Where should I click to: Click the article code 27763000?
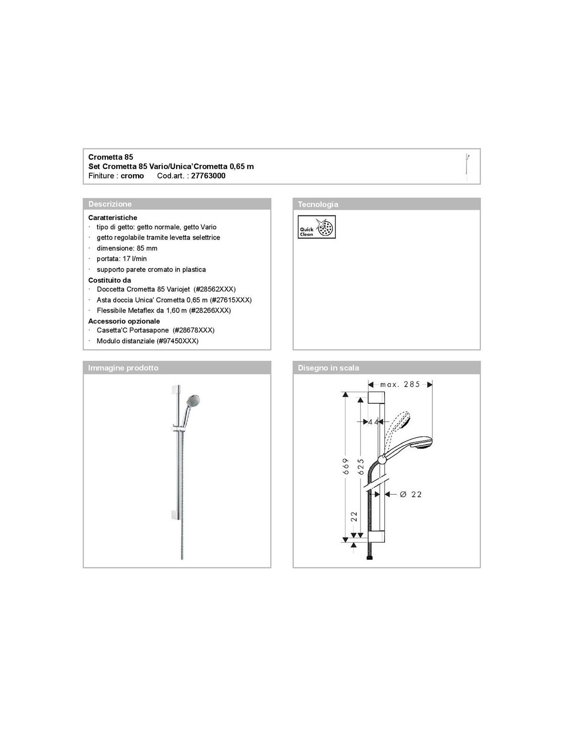[x=208, y=176]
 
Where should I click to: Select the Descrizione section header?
[x=110, y=204]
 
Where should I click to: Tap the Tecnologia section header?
[x=318, y=204]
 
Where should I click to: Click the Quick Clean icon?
[x=316, y=227]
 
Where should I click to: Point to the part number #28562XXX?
[x=214, y=289]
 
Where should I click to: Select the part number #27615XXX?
[x=231, y=300]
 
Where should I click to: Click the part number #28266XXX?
[x=210, y=310]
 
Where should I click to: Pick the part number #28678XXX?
[x=193, y=331]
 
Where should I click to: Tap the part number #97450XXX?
[x=178, y=341]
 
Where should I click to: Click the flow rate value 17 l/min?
[x=135, y=259]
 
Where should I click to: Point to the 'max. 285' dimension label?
[x=400, y=384]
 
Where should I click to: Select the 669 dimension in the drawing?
[x=346, y=467]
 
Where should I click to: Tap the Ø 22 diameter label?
[x=410, y=494]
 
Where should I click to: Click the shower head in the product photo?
[x=193, y=401]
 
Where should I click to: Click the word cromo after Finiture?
[x=132, y=176]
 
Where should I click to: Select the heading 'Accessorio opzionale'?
[x=124, y=321]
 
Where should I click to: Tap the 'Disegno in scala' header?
[x=328, y=368]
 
